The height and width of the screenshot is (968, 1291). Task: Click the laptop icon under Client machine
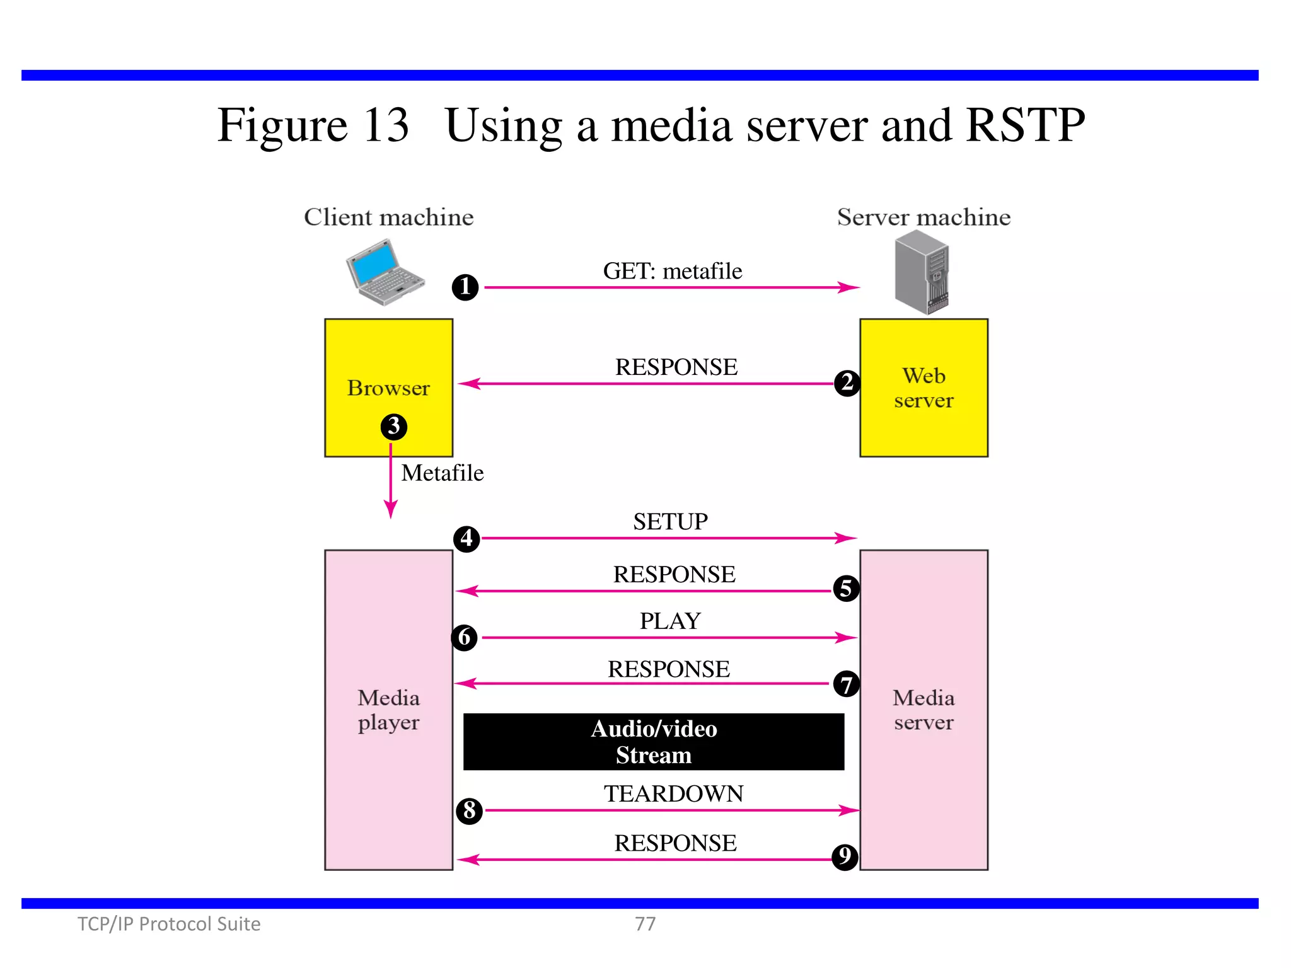point(385,272)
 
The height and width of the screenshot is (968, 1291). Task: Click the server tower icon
point(922,272)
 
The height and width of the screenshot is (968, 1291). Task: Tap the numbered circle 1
point(465,287)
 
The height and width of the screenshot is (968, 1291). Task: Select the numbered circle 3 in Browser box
point(394,427)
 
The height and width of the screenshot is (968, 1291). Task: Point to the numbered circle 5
point(846,589)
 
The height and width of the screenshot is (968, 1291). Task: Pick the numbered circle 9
point(845,857)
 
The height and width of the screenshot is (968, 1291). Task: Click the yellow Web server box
point(923,388)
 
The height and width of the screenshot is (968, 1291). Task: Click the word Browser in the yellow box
point(388,388)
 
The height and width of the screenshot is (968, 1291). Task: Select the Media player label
point(388,710)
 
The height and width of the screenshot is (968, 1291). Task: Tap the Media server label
point(923,710)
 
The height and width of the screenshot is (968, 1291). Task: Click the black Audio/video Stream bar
point(654,742)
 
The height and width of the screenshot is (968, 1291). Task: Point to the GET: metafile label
point(673,271)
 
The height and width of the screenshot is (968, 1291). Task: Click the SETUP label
point(670,522)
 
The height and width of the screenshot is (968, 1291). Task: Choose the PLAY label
point(670,621)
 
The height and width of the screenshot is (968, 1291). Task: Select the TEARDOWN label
point(673,793)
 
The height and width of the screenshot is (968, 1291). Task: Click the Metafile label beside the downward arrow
point(443,473)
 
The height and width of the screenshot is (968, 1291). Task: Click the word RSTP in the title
point(1025,125)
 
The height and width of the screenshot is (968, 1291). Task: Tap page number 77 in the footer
point(645,924)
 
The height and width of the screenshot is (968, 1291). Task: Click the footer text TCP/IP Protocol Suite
point(169,924)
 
